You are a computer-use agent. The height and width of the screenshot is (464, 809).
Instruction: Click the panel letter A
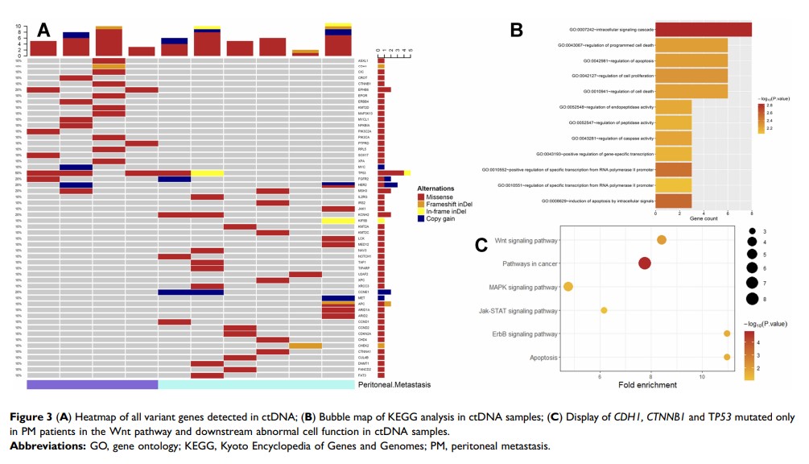point(43,30)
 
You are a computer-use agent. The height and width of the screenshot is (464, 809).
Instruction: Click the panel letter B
point(517,30)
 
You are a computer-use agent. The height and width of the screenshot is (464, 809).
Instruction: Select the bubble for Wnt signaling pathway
point(662,239)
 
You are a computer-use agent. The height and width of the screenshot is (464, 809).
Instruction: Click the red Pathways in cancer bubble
point(644,263)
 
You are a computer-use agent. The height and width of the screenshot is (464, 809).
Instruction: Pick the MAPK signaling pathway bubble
point(568,287)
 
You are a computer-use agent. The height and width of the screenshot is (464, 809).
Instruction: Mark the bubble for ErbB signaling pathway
point(727,333)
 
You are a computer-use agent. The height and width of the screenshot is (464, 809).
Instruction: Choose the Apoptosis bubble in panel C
point(727,357)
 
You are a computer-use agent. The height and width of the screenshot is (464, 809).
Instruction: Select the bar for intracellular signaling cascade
point(704,30)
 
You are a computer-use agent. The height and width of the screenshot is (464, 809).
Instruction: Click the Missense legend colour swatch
point(420,197)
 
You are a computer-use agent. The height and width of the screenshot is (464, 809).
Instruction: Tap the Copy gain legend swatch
point(420,218)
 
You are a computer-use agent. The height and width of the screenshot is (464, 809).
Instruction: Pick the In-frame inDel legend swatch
point(420,211)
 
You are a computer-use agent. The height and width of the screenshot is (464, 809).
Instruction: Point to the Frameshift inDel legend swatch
point(420,204)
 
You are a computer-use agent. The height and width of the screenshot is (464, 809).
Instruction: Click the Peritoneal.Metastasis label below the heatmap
point(394,385)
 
